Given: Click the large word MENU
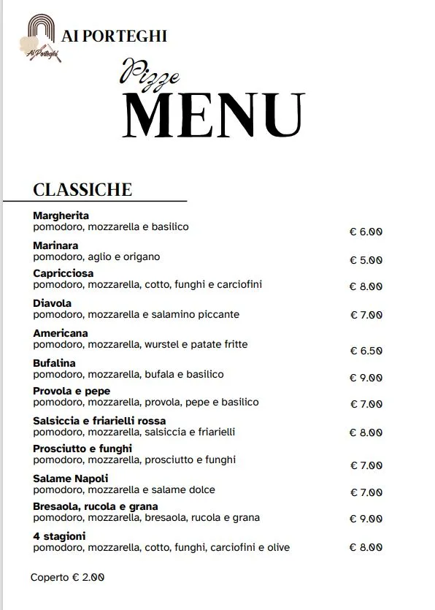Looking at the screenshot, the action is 213,115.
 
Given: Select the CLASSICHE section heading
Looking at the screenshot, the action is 82,189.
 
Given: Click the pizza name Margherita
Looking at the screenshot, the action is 61,216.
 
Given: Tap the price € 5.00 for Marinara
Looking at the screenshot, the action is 366,259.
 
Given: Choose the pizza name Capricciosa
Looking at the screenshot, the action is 63,273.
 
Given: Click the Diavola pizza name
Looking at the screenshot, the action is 52,303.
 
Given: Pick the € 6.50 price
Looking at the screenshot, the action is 366,351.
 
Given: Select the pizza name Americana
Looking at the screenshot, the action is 61,333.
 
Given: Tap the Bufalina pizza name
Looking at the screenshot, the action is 54,362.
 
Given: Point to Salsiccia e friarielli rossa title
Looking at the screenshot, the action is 99,421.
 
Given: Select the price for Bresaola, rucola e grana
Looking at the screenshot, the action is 366,519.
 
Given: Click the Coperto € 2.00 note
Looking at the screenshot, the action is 67,577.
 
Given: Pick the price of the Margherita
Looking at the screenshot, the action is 366,232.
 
